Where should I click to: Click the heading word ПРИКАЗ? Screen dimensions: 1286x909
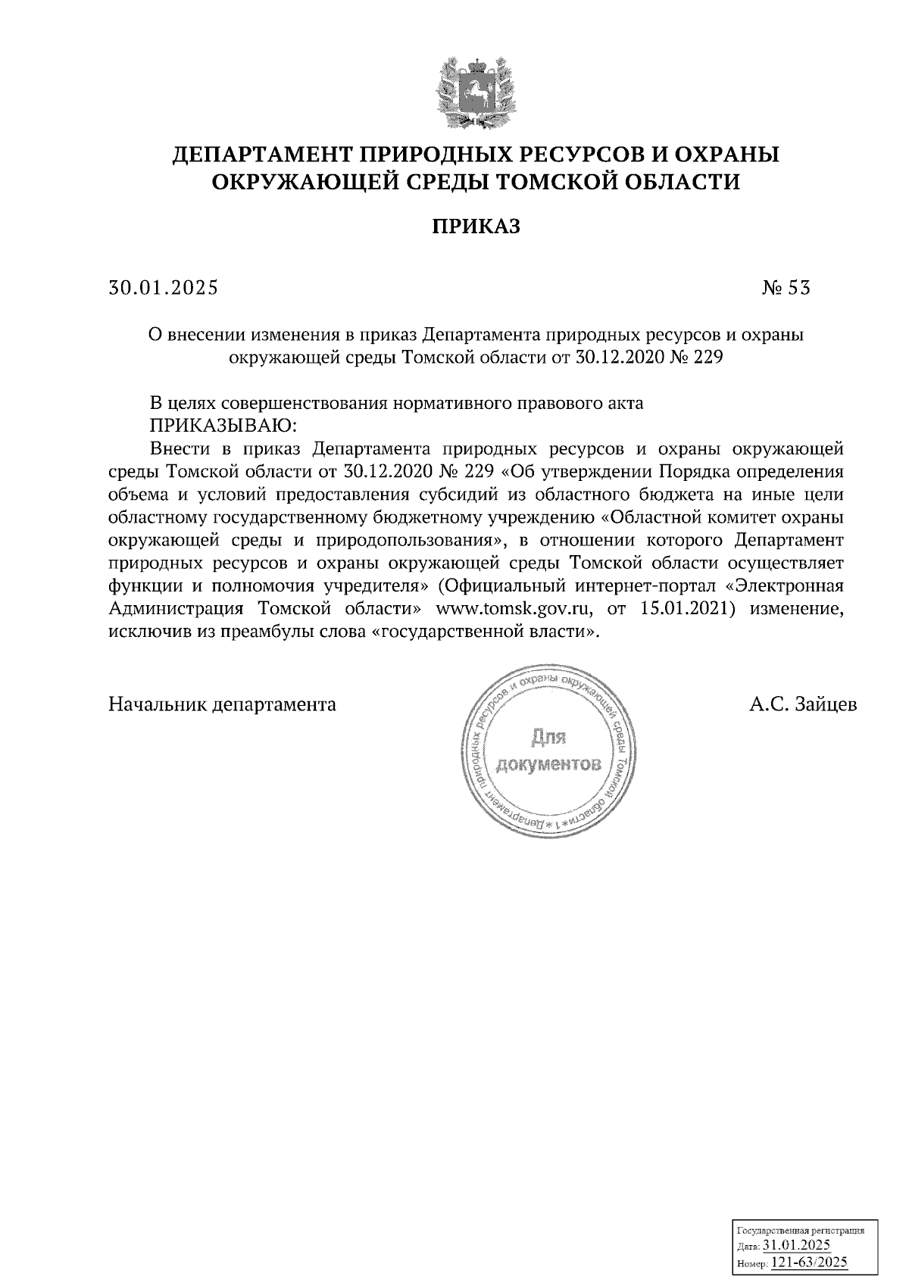point(476,226)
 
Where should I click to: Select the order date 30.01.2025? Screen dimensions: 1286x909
point(163,288)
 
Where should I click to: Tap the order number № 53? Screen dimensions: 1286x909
point(786,288)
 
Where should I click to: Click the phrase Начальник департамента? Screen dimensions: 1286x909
point(223,704)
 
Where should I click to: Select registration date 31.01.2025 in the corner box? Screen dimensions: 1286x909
point(796,1244)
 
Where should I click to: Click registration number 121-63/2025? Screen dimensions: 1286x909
point(809,1263)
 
